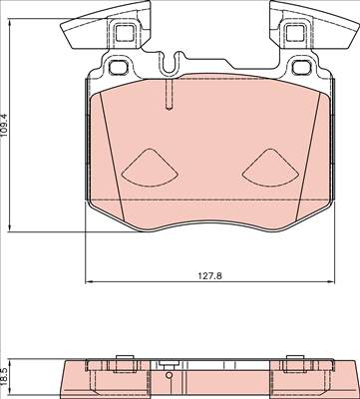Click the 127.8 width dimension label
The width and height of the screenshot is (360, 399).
(x=210, y=275)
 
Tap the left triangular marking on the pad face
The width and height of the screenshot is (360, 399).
(x=150, y=168)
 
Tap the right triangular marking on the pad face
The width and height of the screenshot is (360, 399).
(x=270, y=168)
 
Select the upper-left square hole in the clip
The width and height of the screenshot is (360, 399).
(x=124, y=33)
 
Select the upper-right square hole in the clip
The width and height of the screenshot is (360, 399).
(x=295, y=33)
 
